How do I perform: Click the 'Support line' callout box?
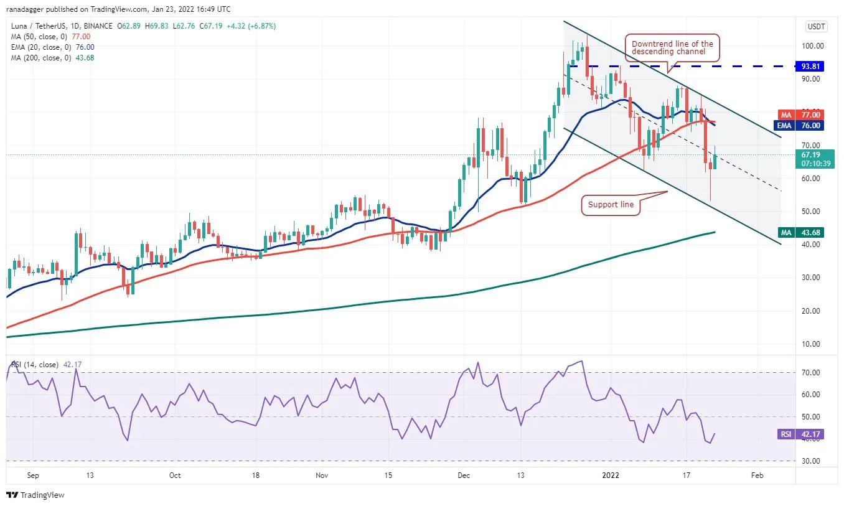tap(611, 205)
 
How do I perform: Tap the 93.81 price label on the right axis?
tap(810, 66)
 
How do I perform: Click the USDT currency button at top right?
tap(815, 26)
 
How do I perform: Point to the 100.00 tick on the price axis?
tap(812, 46)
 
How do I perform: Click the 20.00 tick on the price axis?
tap(812, 311)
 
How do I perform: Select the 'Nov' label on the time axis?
tap(321, 476)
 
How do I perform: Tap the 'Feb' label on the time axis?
tap(757, 476)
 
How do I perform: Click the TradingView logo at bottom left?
tap(35, 495)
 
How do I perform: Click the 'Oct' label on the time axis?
tap(175, 476)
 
